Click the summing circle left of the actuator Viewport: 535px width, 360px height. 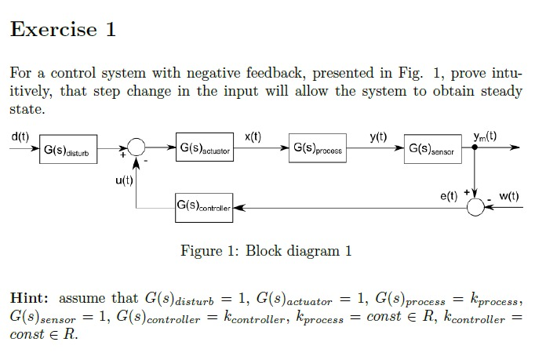(136, 149)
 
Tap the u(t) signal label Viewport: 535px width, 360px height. (125, 181)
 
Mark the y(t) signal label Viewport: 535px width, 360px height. (378, 136)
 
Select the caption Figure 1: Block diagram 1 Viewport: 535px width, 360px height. (266, 251)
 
